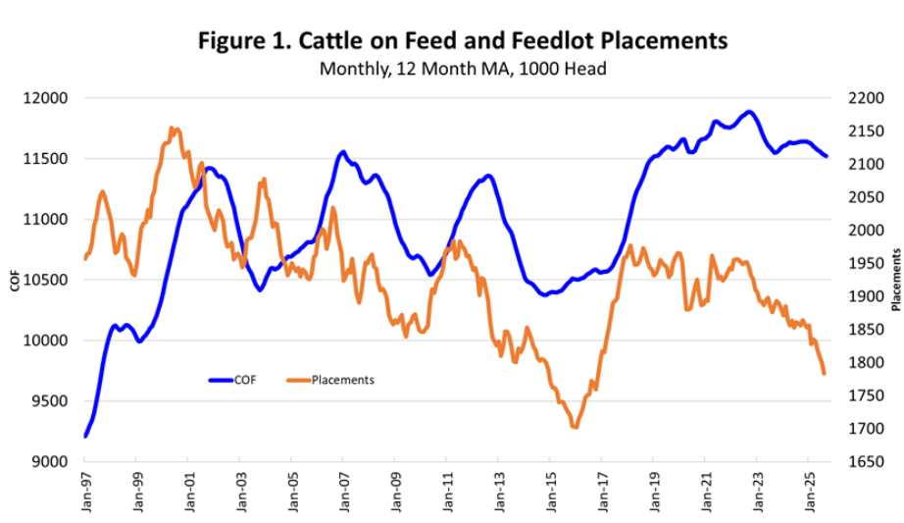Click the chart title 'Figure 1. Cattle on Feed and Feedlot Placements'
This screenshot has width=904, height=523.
[463, 41]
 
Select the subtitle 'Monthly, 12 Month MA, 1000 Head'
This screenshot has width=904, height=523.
[463, 70]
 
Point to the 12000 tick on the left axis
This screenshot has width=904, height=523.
[46, 98]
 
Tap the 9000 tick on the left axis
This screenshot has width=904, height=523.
[50, 461]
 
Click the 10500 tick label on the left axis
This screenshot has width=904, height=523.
[46, 280]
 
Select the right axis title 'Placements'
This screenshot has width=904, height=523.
[895, 280]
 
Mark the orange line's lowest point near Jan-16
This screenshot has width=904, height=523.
[575, 427]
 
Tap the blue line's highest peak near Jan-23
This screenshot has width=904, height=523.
[749, 112]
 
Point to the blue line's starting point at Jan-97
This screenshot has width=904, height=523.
[85, 436]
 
